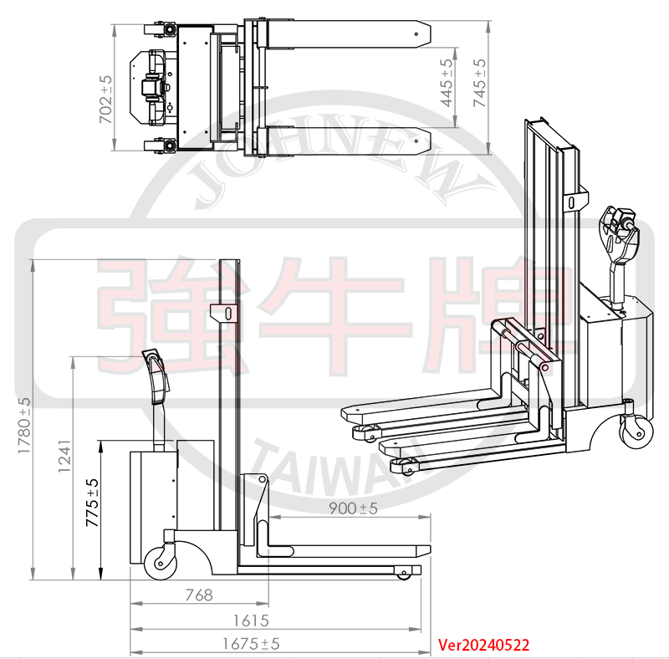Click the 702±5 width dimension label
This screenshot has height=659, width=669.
[105, 100]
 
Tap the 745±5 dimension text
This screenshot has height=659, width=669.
[478, 82]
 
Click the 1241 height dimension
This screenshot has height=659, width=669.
[64, 457]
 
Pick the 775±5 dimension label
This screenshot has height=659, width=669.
[93, 503]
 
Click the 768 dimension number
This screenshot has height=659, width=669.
[198, 595]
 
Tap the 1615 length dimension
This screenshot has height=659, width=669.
[251, 621]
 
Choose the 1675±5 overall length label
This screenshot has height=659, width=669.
[251, 644]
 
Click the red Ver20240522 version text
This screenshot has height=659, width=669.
[484, 645]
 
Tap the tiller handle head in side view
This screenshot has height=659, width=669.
[156, 369]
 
